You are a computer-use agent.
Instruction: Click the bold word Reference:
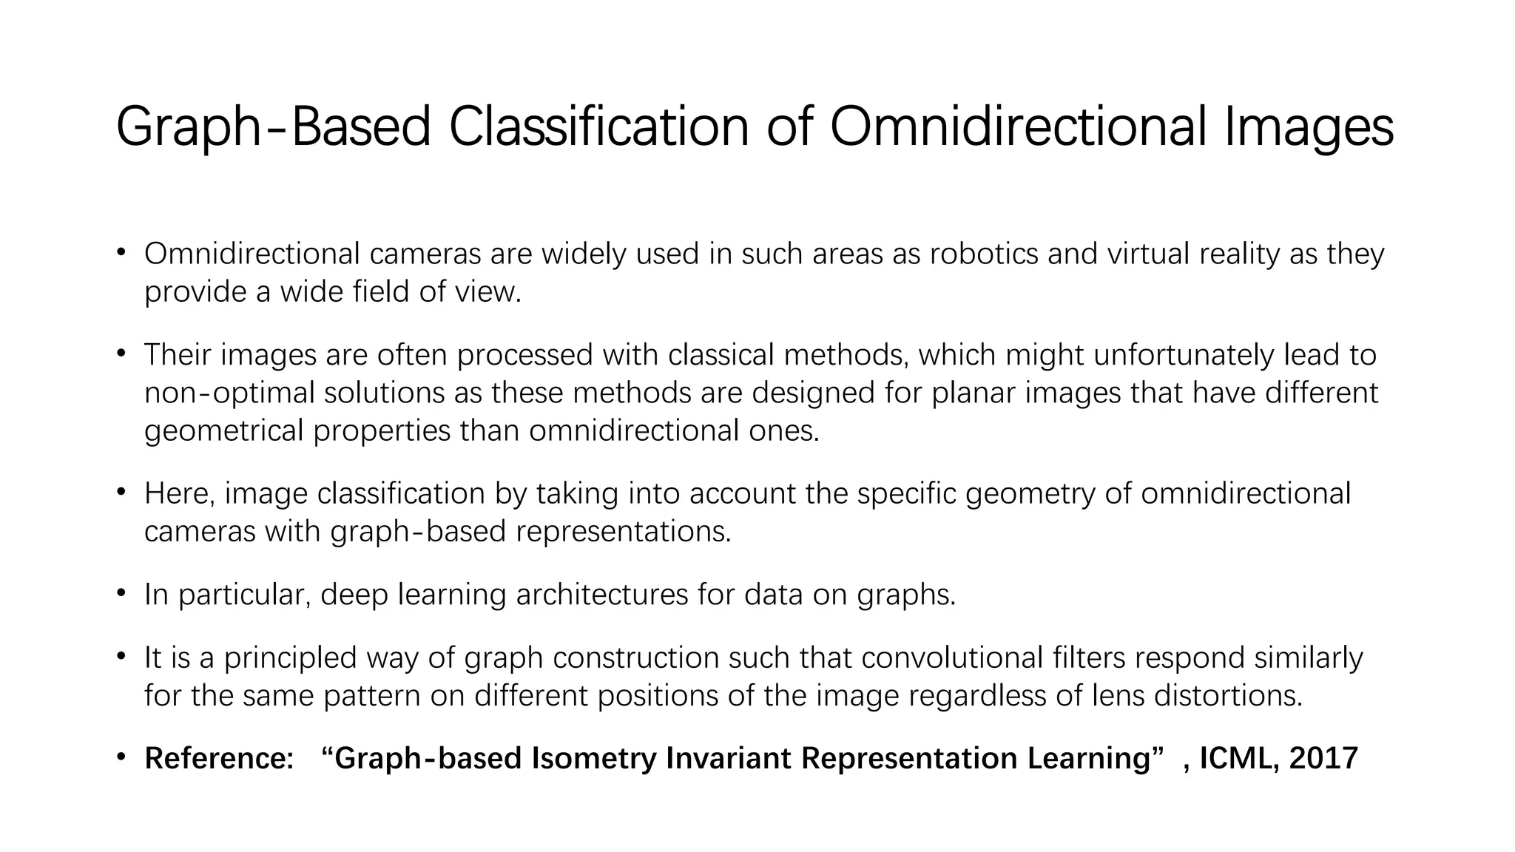(x=219, y=759)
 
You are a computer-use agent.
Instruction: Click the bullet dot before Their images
(x=121, y=354)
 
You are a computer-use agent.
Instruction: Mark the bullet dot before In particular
(x=121, y=594)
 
